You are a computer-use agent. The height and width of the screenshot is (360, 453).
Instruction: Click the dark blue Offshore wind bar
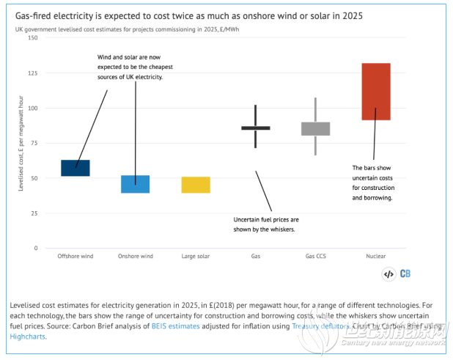point(75,168)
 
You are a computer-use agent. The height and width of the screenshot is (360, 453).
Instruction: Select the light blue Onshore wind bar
point(136,184)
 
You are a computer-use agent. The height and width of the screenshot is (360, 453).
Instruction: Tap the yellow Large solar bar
point(196,185)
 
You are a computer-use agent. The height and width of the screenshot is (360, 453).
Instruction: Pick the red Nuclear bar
point(376,92)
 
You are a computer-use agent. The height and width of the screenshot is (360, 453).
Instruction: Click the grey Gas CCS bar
point(316,129)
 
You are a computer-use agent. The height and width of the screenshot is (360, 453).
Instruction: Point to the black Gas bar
point(256,128)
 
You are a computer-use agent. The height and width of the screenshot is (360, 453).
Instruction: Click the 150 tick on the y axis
point(32,37)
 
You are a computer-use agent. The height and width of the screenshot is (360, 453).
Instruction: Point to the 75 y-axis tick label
point(34,143)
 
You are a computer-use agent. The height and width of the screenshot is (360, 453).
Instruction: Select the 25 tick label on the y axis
point(34,213)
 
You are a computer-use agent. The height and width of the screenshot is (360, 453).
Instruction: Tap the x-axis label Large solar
point(196,257)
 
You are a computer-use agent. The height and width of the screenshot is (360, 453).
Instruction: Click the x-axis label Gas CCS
point(316,257)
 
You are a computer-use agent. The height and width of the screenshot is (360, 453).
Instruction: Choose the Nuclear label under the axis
point(376,257)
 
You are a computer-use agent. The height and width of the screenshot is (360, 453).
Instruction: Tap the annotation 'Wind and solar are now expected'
point(135,67)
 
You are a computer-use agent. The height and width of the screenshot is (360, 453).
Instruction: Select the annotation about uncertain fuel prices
point(265,224)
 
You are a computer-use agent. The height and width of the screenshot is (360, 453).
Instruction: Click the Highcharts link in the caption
point(27,337)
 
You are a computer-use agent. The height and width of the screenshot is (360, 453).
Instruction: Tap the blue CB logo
point(405,274)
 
